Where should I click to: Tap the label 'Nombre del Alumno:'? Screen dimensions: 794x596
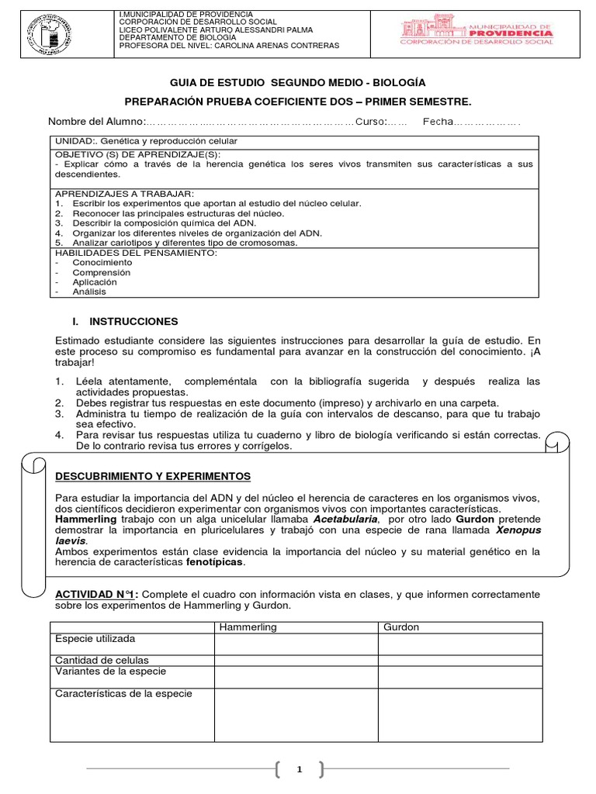pyautogui.click(x=97, y=122)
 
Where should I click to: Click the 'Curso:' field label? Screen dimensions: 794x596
pyautogui.click(x=371, y=122)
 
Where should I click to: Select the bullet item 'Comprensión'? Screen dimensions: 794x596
pyautogui.click(x=102, y=273)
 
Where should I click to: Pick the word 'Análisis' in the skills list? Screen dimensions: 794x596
pyautogui.click(x=89, y=292)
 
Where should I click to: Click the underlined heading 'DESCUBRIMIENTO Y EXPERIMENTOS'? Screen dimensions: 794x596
pyautogui.click(x=153, y=475)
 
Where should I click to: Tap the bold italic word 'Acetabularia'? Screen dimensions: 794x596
pyautogui.click(x=345, y=518)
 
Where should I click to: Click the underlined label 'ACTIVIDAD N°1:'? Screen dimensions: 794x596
pyautogui.click(x=95, y=594)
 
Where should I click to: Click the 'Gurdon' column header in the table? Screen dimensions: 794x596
pyautogui.click(x=401, y=627)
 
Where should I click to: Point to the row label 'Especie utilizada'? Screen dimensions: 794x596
pyautogui.click(x=95, y=639)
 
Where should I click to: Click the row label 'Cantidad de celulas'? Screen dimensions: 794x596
pyautogui.click(x=99, y=660)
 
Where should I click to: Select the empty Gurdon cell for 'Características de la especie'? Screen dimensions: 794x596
pyautogui.click(x=459, y=714)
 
